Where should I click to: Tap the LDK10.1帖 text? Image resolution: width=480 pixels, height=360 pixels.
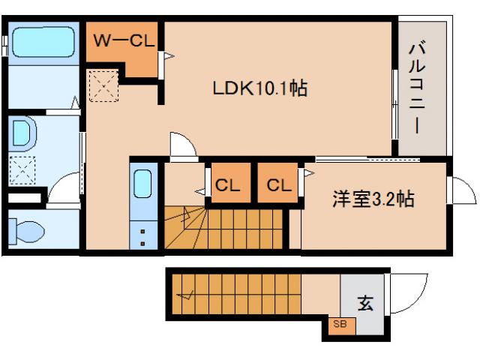(x=259, y=88)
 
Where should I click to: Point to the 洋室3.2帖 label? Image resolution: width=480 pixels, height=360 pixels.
(x=373, y=199)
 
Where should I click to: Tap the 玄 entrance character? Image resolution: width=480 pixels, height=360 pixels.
(x=364, y=304)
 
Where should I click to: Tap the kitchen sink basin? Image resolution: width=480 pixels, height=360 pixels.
(x=142, y=184)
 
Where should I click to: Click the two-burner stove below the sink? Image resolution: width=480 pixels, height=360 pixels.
(x=142, y=234)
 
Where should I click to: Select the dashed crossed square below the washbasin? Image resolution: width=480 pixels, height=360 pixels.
(x=23, y=170)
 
